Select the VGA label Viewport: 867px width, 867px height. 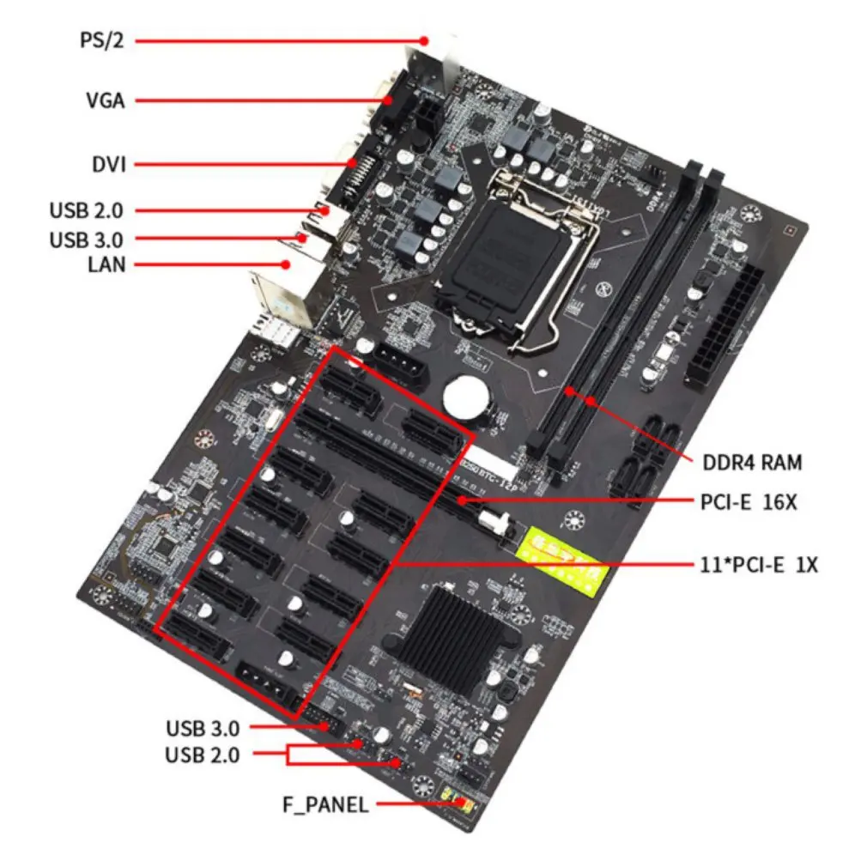(105, 101)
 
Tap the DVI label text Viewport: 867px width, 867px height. (108, 164)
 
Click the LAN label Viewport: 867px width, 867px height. (106, 264)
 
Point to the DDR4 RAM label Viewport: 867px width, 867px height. (751, 463)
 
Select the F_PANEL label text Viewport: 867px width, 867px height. (325, 804)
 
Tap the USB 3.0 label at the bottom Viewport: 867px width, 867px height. (203, 728)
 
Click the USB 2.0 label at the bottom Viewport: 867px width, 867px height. (203, 755)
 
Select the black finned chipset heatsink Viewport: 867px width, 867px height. (460, 632)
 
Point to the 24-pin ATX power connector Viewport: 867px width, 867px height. (724, 328)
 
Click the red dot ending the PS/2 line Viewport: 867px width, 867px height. (424, 40)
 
